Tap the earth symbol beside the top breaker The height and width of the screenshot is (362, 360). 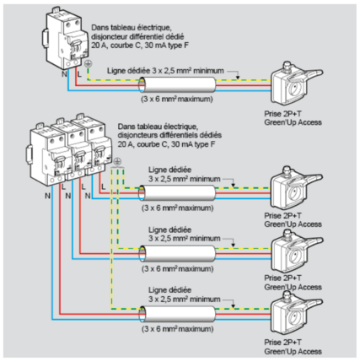point(88,64)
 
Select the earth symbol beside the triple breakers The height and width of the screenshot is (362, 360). point(118,162)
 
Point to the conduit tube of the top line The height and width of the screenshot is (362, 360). point(178,85)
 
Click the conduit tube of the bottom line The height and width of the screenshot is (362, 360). point(178,314)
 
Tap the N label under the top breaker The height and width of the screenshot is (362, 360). point(64,74)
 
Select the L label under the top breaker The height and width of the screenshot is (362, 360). point(79,74)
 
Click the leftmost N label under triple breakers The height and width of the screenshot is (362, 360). point(47,196)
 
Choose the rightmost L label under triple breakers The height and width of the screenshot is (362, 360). point(104,186)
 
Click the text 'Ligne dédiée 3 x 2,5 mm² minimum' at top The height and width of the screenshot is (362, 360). point(165,71)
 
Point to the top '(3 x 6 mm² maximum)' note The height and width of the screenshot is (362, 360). point(177,100)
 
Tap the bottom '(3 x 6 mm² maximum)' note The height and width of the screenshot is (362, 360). point(177,329)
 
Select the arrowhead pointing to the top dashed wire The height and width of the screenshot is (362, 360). point(238,77)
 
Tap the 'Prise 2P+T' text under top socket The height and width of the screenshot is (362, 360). point(282,114)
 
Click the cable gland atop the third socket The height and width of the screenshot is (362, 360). point(287,234)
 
